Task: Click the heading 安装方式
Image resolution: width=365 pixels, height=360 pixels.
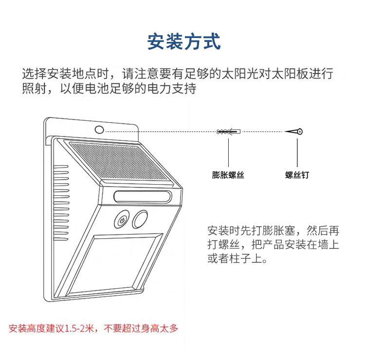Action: click(183, 41)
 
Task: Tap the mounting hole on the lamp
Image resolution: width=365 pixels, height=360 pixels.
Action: click(100, 130)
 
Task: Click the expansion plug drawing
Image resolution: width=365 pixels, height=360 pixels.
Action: click(228, 132)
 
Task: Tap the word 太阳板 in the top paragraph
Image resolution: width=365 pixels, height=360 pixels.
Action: click(276, 75)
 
